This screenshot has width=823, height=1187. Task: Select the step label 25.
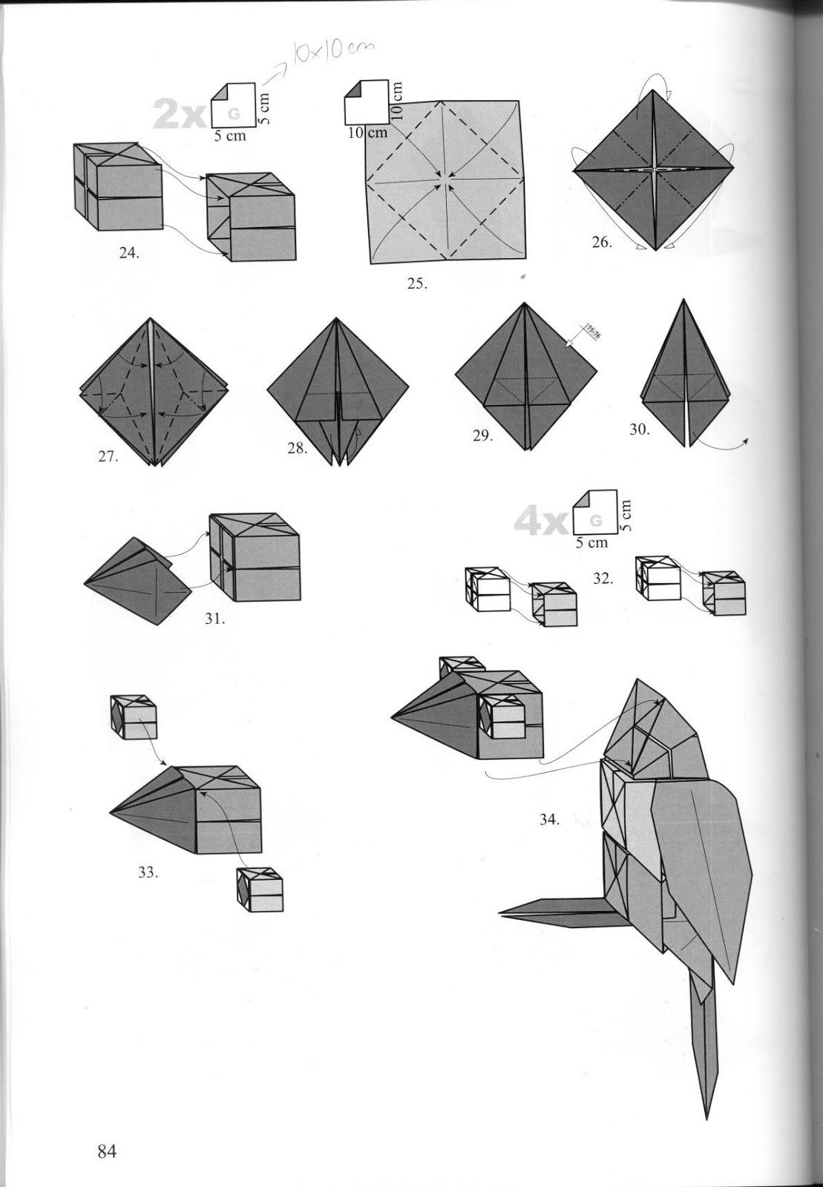coord(417,283)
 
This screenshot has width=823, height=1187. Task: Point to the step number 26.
coord(602,242)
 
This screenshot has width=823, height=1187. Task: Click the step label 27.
coord(108,457)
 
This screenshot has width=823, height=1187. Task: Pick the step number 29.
coord(482,436)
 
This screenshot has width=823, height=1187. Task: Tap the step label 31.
coord(215,619)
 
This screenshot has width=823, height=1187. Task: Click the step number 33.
coord(148,872)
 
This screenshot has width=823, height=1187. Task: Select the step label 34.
coord(549,820)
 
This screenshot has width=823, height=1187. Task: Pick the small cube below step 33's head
coord(260,890)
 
